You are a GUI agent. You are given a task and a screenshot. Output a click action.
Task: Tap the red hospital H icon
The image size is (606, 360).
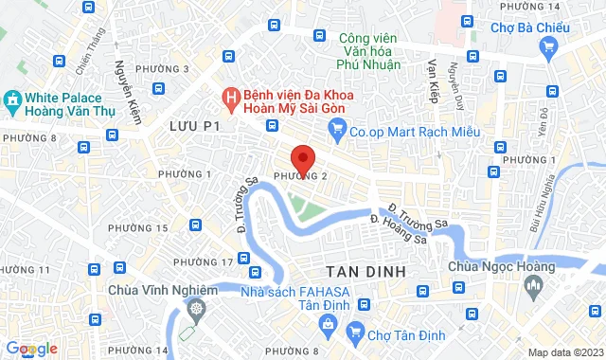(x=230, y=96)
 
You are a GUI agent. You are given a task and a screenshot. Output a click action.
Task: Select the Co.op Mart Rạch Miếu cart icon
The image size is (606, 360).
(x=335, y=132)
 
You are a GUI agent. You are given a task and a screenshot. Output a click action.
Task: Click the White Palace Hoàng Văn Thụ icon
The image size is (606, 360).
(x=11, y=99)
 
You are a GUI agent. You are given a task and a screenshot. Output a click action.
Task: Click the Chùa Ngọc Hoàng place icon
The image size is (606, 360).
(x=532, y=283)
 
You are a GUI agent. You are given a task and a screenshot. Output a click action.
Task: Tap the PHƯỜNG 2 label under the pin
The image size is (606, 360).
(x=300, y=176)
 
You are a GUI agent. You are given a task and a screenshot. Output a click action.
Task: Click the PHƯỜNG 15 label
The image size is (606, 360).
(x=138, y=228)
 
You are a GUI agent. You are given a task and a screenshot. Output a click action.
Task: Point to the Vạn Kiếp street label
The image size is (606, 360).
(x=437, y=78)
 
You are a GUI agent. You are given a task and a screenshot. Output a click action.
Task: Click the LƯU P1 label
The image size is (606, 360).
(x=194, y=125)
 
